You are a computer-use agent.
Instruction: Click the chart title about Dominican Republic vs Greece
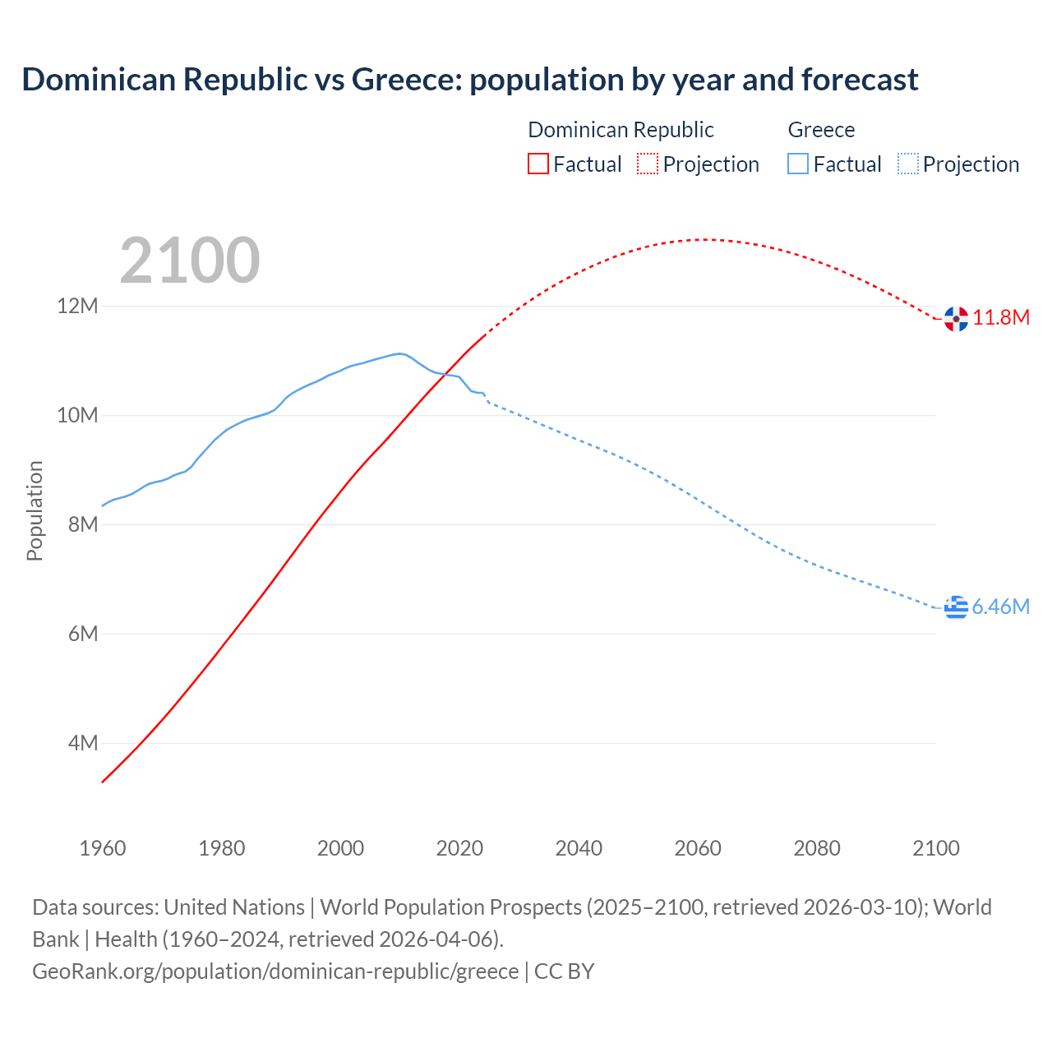pos(469,80)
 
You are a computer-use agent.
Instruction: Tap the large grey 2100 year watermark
pos(190,261)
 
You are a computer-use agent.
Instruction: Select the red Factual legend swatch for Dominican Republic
pos(538,164)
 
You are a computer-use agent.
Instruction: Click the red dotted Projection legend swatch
pos(647,164)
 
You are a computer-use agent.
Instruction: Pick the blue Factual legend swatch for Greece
pos(797,164)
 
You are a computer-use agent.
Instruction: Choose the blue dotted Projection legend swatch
pos(907,164)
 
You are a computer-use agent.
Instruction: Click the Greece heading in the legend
pos(821,130)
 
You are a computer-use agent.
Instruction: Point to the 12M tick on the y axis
pos(77,307)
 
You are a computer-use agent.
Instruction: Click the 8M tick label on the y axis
pos(83,524)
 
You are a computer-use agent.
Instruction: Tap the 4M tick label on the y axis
pos(83,743)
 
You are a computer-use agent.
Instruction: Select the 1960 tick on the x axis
pos(103,848)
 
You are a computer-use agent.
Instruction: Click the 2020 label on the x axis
pos(459,848)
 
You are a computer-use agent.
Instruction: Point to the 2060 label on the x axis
pos(698,848)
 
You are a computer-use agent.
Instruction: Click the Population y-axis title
pos(35,510)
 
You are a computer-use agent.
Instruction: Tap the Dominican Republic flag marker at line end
pos(956,318)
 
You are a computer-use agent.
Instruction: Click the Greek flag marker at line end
pos(956,607)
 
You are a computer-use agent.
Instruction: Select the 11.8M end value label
pos(1001,318)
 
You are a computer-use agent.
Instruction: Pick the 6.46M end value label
pos(1001,607)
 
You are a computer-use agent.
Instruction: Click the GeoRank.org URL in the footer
pos(275,971)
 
